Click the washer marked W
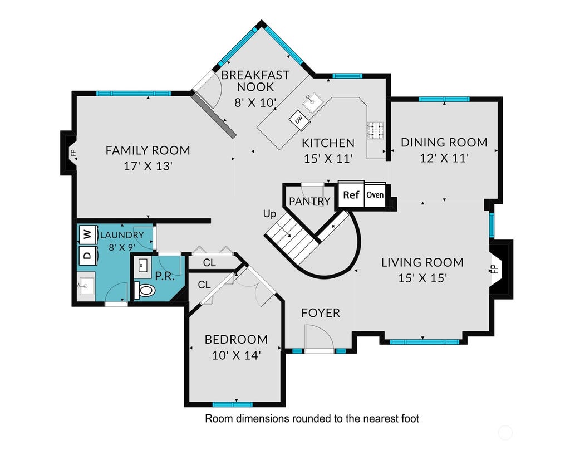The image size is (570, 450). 88,234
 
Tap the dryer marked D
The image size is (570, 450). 88,255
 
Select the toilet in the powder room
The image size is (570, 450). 144,290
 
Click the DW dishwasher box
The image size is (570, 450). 299,118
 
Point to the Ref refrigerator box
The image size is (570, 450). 351,194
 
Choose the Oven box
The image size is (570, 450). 375,195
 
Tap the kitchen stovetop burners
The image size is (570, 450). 375,130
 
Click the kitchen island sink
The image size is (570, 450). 312,101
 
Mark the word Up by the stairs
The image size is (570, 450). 269,214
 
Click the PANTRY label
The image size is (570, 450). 309,201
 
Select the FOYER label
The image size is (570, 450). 321,313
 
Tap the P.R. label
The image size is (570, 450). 165,276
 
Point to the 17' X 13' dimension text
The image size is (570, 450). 148,167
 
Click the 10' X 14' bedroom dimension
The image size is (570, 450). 236,355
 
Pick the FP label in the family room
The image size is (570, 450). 73,153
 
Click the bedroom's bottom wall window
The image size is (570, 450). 232,404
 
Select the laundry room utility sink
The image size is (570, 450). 86,286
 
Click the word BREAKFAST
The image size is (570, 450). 255,75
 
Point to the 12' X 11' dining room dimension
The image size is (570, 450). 444,158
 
